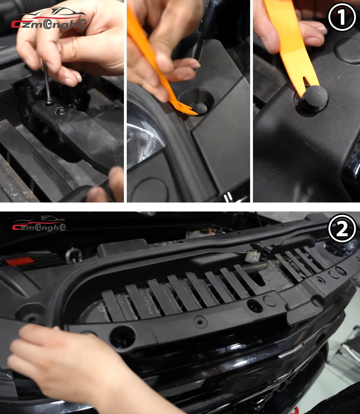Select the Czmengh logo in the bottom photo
coord(39,224)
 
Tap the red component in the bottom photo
coord(20,261)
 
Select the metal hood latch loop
coord(73,255)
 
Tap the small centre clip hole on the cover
coord(200,322)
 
